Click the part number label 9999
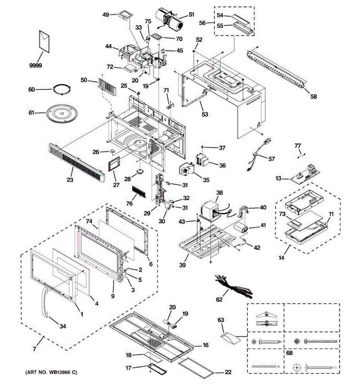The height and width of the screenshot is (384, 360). (x=36, y=66)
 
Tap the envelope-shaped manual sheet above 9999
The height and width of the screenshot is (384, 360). (x=44, y=41)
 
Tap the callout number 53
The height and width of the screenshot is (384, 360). (x=205, y=114)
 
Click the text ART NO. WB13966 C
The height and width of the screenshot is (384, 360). (x=51, y=372)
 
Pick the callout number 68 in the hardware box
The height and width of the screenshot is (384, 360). (x=289, y=353)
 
